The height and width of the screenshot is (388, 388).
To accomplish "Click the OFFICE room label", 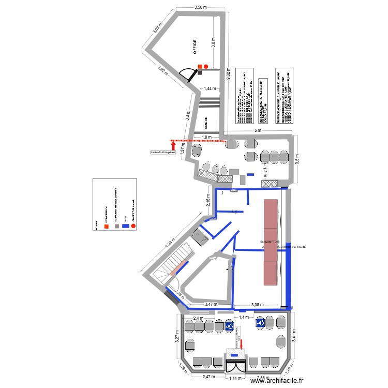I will pyautogui.click(x=195, y=47).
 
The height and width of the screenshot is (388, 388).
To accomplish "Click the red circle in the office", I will pyautogui.click(x=206, y=67).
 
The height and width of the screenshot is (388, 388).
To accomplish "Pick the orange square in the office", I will pyautogui.click(x=199, y=67).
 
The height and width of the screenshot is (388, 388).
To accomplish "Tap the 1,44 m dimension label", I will pyautogui.click(x=211, y=89).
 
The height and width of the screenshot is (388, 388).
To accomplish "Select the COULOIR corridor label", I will pyautogui.click(x=206, y=123).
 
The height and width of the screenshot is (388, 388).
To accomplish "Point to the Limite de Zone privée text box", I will pyautogui.click(x=163, y=153).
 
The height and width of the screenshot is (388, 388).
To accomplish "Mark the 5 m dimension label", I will pyautogui.click(x=258, y=131).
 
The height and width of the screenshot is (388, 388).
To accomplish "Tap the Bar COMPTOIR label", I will pyautogui.click(x=270, y=242).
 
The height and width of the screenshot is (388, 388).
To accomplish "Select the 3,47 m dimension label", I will pyautogui.click(x=211, y=305).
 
